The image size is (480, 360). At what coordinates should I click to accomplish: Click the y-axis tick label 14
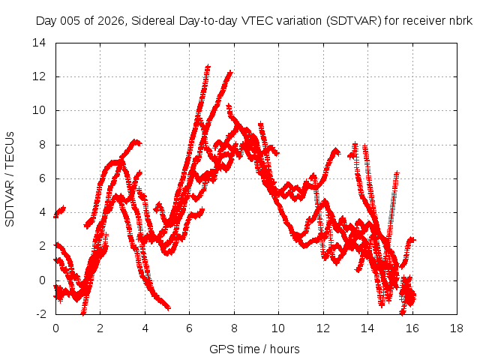(39, 43)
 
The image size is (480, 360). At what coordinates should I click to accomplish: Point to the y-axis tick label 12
(39, 76)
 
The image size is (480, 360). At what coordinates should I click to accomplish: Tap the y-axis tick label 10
(39, 110)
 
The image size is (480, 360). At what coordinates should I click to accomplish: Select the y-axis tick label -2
(41, 314)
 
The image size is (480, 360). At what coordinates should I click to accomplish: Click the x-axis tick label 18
(457, 328)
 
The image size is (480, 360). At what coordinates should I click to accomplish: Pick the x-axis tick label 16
(412, 328)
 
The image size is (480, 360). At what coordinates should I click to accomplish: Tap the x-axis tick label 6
(190, 328)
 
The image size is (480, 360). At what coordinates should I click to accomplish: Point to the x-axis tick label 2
(100, 328)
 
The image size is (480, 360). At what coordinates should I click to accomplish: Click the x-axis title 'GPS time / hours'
(254, 349)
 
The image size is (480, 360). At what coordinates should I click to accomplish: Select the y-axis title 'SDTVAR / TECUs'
(10, 179)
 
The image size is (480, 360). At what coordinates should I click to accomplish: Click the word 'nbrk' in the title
(461, 21)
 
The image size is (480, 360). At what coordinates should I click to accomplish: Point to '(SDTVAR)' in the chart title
(354, 21)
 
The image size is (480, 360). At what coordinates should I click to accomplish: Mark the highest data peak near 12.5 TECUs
(208, 67)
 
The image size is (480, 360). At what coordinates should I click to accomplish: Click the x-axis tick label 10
(278, 328)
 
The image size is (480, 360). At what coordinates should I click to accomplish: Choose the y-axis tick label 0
(43, 280)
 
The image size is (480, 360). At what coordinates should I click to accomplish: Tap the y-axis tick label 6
(43, 178)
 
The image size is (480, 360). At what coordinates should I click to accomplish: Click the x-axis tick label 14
(367, 328)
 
